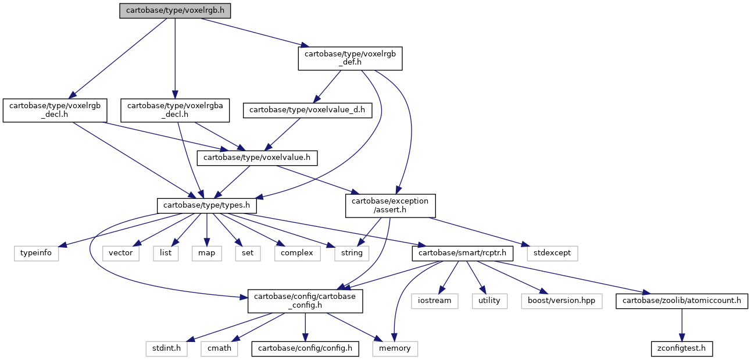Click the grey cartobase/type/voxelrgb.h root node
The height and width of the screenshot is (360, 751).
tap(175, 10)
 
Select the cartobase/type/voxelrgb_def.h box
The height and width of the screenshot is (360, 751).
tap(350, 58)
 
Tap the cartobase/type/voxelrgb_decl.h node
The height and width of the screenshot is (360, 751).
tap(55, 111)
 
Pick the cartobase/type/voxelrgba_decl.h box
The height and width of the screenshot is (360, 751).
tap(175, 111)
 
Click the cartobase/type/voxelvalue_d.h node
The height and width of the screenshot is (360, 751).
tap(307, 111)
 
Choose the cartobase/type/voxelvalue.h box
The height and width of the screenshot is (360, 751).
tap(257, 158)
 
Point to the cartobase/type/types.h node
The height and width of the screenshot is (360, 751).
tap(207, 206)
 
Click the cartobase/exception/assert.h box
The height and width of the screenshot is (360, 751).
tap(391, 206)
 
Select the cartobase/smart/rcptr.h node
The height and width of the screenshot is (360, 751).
tap(462, 254)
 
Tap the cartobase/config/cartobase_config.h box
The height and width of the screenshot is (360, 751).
tap(305, 301)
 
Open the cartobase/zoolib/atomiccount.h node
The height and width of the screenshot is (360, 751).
tap(682, 301)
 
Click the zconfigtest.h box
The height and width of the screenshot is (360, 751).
tap(682, 349)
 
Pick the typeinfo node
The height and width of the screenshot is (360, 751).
tap(36, 254)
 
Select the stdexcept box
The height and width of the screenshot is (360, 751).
tap(552, 254)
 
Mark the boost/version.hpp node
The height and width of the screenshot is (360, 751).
tap(562, 301)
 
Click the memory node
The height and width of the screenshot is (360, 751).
tap(395, 349)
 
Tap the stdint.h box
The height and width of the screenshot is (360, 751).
tap(167, 349)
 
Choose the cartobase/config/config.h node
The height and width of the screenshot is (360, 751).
tap(305, 349)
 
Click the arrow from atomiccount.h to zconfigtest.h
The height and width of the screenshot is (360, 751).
tap(682, 325)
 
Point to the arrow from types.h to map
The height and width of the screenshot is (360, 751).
tap(207, 230)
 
